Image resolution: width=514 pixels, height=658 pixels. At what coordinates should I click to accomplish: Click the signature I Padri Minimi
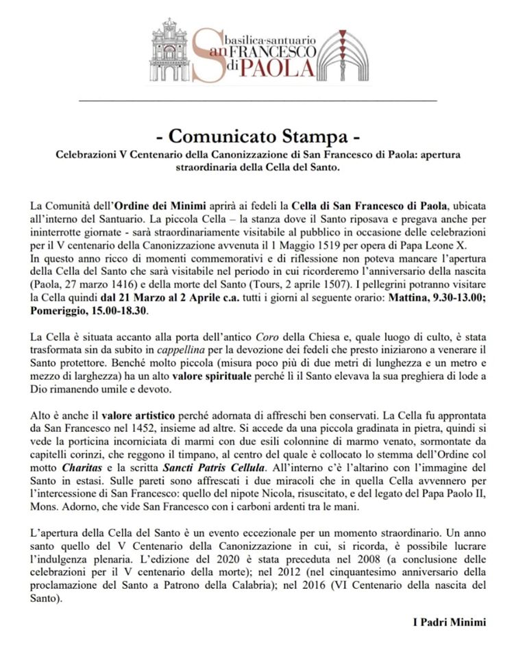pos(449,623)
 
